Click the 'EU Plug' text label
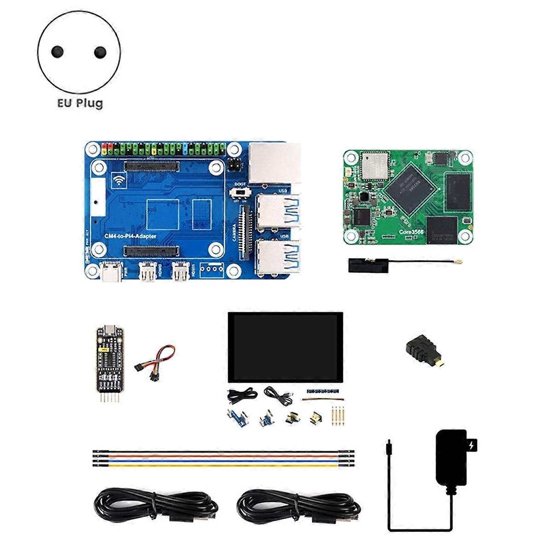coord(80,103)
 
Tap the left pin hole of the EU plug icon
coord(57,52)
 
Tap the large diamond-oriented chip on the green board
coord(410,187)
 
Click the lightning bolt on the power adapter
coord(471,445)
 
